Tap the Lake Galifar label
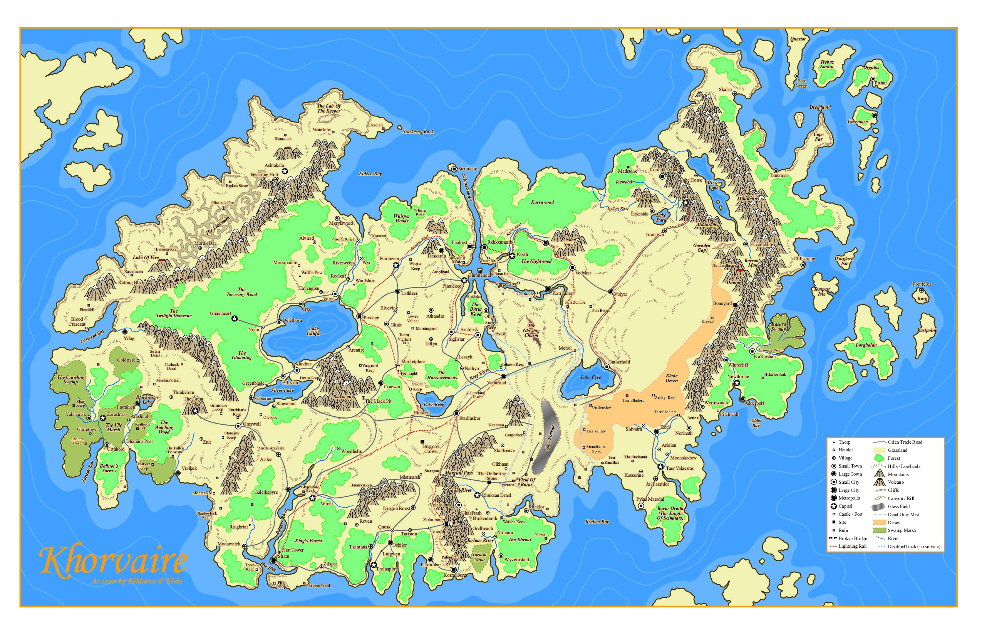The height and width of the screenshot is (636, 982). (x=313, y=331)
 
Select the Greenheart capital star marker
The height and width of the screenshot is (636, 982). (x=235, y=318)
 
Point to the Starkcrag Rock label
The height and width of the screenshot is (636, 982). (x=418, y=132)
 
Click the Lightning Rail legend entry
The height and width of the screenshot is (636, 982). (x=853, y=547)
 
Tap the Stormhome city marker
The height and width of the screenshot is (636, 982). (x=454, y=169)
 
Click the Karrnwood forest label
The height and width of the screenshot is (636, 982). (x=542, y=202)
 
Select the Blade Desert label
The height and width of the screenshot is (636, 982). (x=671, y=378)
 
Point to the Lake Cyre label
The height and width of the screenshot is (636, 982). (x=590, y=377)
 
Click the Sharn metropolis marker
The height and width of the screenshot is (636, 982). (x=273, y=560)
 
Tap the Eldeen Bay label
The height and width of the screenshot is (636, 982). (x=370, y=174)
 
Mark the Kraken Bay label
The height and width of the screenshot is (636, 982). (x=597, y=522)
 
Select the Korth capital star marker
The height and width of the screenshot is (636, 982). (x=512, y=256)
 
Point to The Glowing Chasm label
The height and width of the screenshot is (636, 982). (x=531, y=330)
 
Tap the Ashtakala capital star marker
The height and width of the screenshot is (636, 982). (x=284, y=171)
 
